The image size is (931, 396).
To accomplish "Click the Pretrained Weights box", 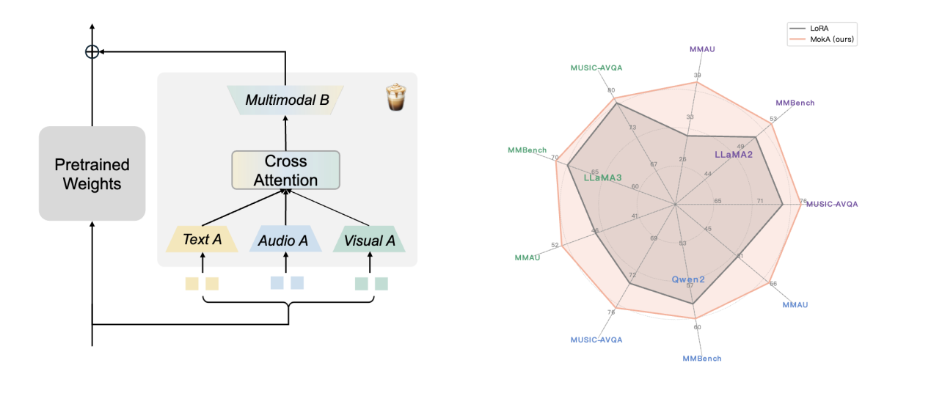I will coord(92,174).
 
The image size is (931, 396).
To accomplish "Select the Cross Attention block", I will coord(285,170).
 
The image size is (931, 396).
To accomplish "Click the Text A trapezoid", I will coord(202,240).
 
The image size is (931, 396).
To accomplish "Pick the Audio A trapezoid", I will coord(285,240).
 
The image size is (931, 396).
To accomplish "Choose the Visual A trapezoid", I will coord(369,240).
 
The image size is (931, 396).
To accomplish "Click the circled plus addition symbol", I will coord(92,51).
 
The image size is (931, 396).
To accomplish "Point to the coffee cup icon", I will coord(395,98).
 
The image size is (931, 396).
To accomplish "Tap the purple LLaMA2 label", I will coord(734,155).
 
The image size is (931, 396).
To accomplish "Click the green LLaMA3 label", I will coord(602,177).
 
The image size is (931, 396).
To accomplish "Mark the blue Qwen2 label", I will coord(688,279).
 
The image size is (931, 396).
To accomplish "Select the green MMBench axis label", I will coord(527,150).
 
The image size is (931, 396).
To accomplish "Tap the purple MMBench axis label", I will coord(795,103).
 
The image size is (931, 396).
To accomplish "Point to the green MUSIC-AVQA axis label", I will coord(596,67).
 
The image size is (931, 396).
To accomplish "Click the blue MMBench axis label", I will coord(702,359).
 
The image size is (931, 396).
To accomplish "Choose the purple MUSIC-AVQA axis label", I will coord(832,204).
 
